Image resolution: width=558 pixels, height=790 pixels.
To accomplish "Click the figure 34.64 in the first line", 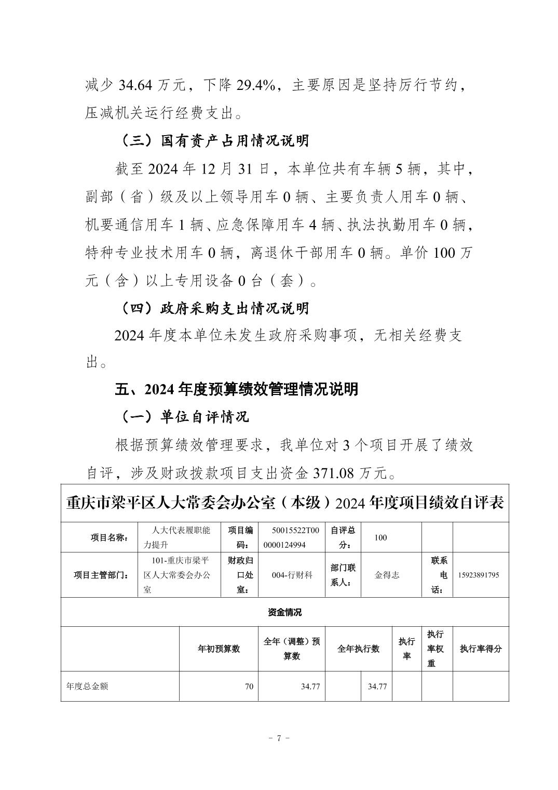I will (x=137, y=85).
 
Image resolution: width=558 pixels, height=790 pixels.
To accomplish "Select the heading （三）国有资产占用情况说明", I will (x=214, y=141).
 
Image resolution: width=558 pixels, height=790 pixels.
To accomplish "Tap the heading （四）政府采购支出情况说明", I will (x=214, y=309).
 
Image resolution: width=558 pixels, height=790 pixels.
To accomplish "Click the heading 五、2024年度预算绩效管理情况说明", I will (x=236, y=389).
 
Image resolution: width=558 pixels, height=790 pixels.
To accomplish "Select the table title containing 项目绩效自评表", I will (x=284, y=503).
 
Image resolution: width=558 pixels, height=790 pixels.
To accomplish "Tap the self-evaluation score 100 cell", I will (x=380, y=537).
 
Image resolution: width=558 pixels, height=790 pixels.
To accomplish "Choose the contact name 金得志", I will (x=387, y=575).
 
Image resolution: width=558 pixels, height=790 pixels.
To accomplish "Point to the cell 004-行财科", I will (x=292, y=575).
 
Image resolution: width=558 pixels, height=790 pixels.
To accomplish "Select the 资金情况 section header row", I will (x=284, y=612).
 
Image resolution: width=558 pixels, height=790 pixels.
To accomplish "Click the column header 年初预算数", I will (x=219, y=649).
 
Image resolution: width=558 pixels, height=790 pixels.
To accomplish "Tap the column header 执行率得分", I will (x=481, y=649).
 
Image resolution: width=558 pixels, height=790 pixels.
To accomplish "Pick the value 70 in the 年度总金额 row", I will (x=249, y=687).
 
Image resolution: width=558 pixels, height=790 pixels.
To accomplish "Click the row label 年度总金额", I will (x=87, y=687).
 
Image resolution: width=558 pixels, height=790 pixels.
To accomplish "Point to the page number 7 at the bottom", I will (x=279, y=739).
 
